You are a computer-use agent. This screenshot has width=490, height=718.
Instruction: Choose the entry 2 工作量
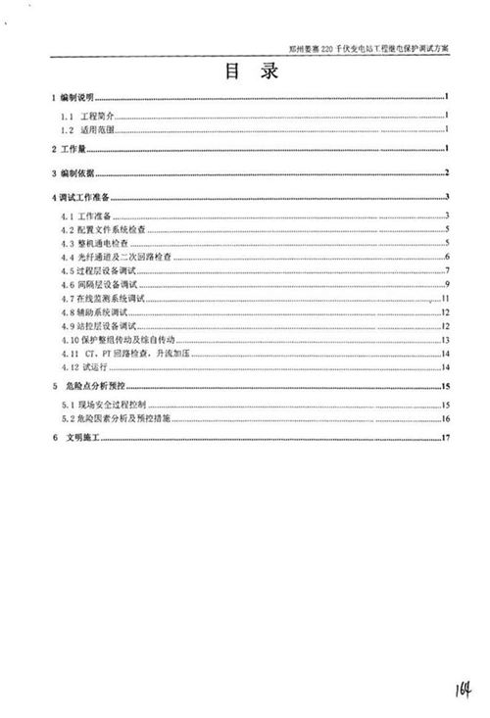pyautogui.click(x=69, y=149)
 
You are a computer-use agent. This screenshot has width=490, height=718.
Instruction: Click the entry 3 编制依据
pyautogui.click(x=73, y=173)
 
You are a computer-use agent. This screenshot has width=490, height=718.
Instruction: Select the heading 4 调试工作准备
pyautogui.click(x=82, y=198)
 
